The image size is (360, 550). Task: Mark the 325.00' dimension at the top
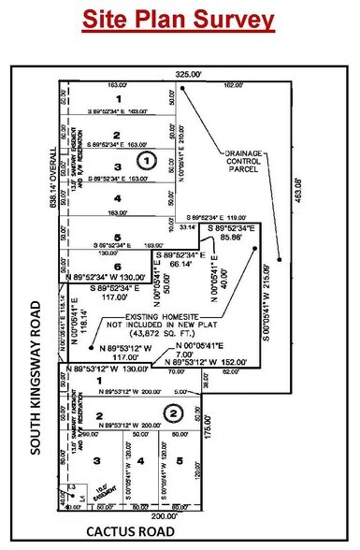pyautogui.click(x=188, y=72)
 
